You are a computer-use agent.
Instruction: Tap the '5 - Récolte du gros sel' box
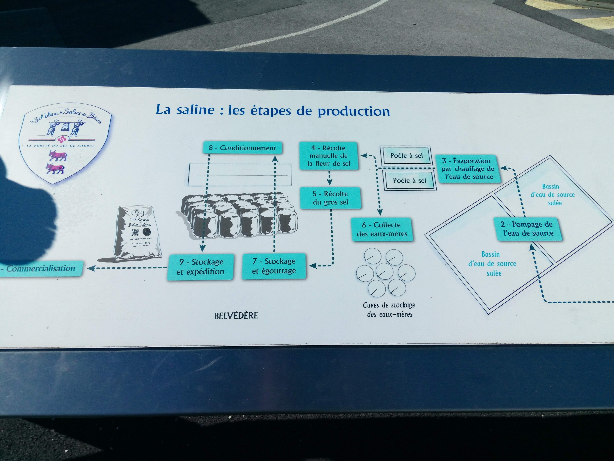tap(330, 198)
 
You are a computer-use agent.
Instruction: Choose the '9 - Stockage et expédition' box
tap(200, 267)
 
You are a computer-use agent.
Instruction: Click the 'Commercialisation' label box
tap(40, 268)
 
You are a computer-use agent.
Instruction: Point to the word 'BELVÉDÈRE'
tap(236, 315)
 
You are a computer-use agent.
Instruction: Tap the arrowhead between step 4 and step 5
tap(329, 182)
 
